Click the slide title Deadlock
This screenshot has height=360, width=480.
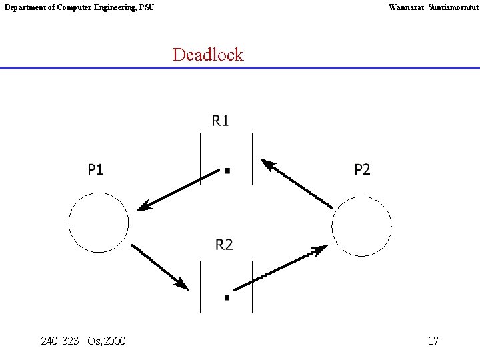(208, 55)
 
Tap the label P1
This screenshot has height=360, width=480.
(96, 170)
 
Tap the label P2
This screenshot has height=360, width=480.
(362, 170)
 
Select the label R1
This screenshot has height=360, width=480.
(221, 121)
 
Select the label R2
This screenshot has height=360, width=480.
(225, 245)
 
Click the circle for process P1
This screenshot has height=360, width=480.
(99, 223)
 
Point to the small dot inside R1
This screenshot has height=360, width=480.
(227, 171)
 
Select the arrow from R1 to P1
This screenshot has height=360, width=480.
(178, 189)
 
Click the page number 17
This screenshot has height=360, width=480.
(433, 341)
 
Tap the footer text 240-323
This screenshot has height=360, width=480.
(59, 341)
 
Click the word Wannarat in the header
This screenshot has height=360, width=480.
(405, 7)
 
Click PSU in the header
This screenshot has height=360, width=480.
(146, 7)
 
